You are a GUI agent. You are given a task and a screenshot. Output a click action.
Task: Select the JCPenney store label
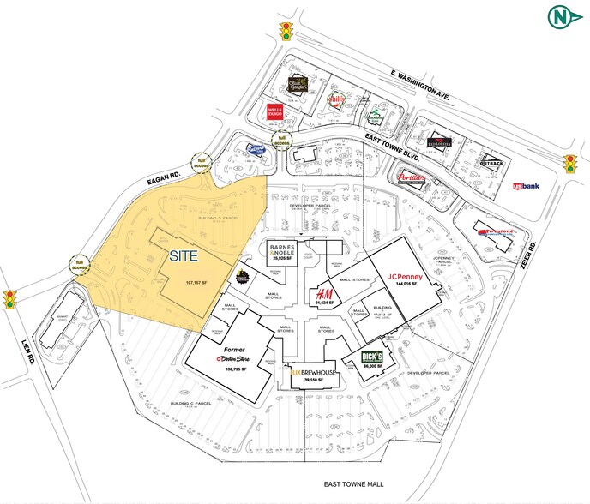click(x=401, y=277)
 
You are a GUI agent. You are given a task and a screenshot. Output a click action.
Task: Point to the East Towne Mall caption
click(x=354, y=485)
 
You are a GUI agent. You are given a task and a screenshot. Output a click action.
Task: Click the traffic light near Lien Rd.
click(x=10, y=300)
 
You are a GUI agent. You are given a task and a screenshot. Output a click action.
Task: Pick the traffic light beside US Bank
click(x=569, y=163)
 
